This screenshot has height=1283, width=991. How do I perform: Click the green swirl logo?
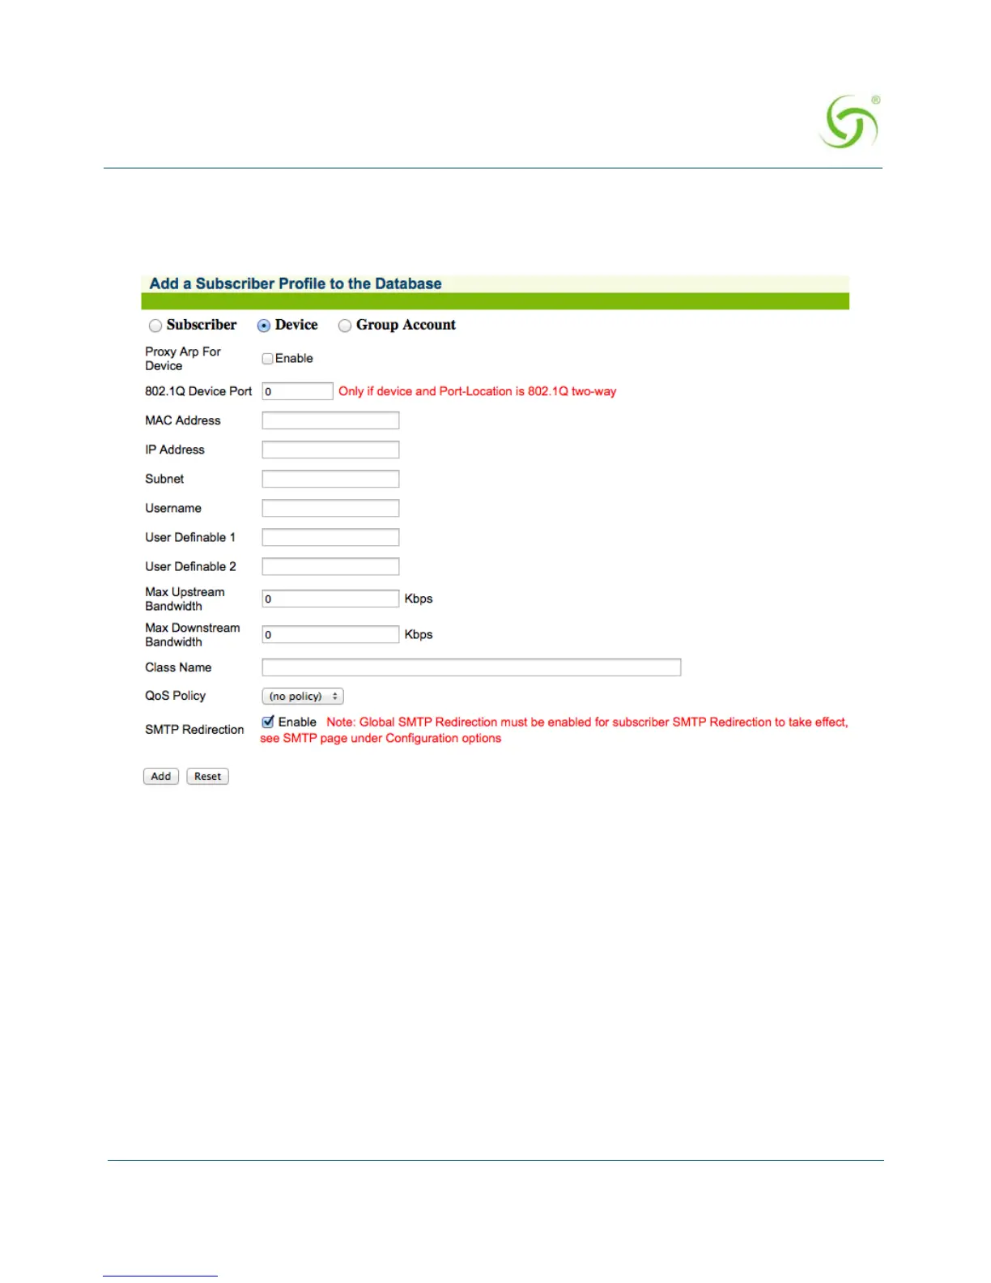[x=849, y=122]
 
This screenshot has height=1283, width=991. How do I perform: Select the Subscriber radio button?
[x=155, y=326]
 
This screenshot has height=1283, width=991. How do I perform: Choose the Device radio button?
[x=264, y=326]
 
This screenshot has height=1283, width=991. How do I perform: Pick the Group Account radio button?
[x=345, y=326]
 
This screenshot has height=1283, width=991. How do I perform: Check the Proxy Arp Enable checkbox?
[x=267, y=358]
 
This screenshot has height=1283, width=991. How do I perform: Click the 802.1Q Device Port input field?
[x=297, y=391]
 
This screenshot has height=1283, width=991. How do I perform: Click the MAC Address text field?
[x=330, y=420]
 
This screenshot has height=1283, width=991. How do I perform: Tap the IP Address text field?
[x=330, y=450]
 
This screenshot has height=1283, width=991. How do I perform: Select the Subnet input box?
[x=330, y=479]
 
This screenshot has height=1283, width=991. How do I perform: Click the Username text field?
[x=330, y=508]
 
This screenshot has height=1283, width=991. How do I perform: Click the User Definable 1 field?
[x=330, y=537]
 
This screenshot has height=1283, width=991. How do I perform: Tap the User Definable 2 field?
[x=330, y=566]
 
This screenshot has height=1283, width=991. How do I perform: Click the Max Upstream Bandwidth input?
[x=330, y=599]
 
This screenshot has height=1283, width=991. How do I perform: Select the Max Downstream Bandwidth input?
[x=330, y=634]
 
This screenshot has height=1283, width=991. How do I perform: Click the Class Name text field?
[x=471, y=667]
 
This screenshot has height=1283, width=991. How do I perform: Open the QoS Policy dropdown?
[x=303, y=696]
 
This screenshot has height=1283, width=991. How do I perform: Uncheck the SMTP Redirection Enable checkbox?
[x=268, y=722]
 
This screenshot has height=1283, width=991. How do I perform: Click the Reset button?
[x=207, y=776]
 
